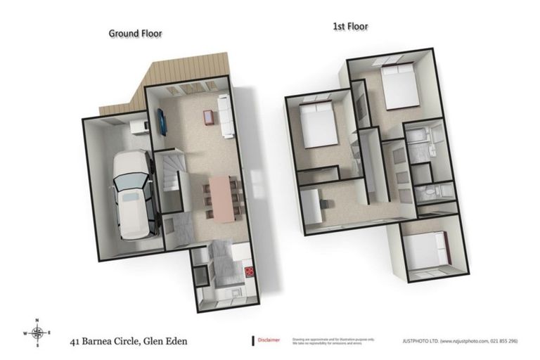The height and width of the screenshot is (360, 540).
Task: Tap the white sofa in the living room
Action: click(226, 117)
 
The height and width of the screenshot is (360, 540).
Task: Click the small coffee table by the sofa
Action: click(209, 117)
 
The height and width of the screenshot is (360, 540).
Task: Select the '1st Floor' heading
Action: click(349, 27)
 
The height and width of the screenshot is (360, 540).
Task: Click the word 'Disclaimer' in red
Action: click(269, 339)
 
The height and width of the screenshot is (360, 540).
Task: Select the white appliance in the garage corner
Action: click(139, 126)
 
